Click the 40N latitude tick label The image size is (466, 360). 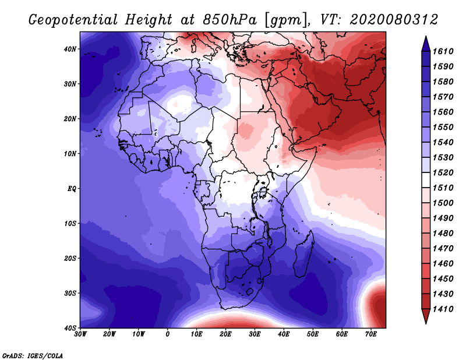coord(70,49)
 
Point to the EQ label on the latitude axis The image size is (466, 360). coord(72,189)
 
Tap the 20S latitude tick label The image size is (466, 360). coord(70,258)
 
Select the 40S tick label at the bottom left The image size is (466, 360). coord(70,328)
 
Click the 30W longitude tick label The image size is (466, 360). coord(80,334)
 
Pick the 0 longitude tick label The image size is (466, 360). coord(168,334)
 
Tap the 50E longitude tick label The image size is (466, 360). coord(313,334)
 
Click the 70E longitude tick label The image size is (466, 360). coord(371,334)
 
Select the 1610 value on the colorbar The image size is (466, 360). coord(443,51)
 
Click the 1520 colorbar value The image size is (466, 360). coord(443,172)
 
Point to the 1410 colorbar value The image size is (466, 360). coord(443,309)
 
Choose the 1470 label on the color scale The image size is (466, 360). coord(443,249)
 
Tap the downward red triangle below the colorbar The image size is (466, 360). coord(426,315)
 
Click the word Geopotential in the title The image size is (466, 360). coord(73,20)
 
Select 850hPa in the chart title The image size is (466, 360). coord(230,20)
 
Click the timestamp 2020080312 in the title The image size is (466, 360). coord(394,20)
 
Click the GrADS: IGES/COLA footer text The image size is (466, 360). coord(33,355)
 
